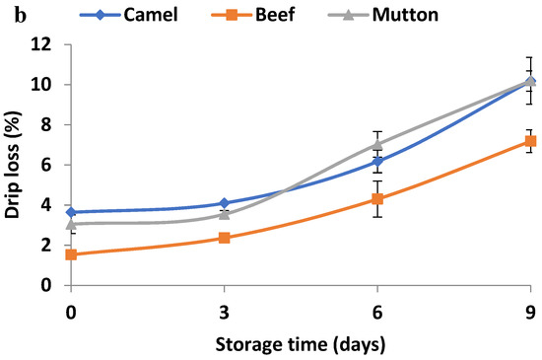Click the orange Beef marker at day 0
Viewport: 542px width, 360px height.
71,254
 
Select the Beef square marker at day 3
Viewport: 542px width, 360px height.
224,238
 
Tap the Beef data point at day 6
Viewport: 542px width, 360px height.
376,198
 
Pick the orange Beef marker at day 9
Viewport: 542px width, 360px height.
529,141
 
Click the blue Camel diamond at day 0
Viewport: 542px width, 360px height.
71,212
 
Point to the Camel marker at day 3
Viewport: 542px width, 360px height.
224,203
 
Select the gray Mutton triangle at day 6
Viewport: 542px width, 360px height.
376,144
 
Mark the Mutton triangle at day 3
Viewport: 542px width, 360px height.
224,214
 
